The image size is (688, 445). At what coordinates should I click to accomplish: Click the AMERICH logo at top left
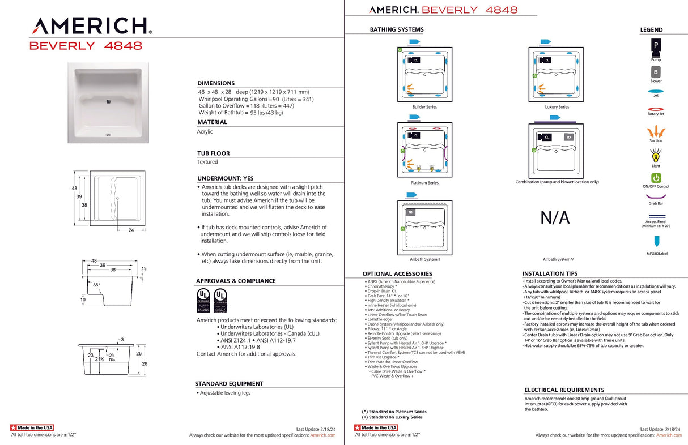[91, 25]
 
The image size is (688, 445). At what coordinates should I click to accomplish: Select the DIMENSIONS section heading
[215, 83]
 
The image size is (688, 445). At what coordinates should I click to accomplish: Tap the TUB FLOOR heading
[213, 153]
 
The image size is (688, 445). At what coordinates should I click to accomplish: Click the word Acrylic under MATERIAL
[205, 131]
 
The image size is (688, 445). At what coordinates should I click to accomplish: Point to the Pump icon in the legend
[656, 45]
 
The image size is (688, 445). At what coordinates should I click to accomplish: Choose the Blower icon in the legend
[656, 72]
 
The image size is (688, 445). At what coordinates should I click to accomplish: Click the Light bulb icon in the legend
[656, 155]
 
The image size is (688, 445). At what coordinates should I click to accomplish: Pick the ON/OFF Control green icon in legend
[656, 178]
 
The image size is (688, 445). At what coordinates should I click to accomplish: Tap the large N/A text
[555, 217]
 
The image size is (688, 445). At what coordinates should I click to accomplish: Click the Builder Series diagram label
[424, 107]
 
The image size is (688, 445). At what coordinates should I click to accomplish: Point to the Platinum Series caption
[424, 183]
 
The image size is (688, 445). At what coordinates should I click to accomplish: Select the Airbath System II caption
[424, 259]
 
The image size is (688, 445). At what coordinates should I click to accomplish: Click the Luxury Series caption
[557, 107]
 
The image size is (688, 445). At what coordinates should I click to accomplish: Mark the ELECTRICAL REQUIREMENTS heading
[564, 390]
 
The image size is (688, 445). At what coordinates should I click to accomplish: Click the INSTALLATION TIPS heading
[550, 273]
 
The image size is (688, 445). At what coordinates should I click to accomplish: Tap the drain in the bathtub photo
[108, 102]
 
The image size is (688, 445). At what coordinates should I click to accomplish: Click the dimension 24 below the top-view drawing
[131, 230]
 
